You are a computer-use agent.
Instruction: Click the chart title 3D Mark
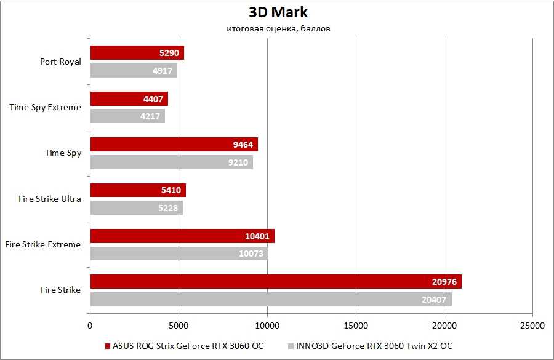pyautogui.click(x=278, y=12)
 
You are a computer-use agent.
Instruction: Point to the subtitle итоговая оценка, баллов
pyautogui.click(x=278, y=29)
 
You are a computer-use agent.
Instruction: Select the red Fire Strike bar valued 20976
pyautogui.click(x=275, y=282)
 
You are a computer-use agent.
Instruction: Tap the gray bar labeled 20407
pyautogui.click(x=271, y=299)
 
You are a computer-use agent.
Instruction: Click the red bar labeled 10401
pyautogui.click(x=182, y=236)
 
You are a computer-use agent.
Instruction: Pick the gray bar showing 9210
pyautogui.click(x=171, y=162)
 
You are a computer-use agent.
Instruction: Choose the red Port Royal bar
pyautogui.click(x=137, y=53)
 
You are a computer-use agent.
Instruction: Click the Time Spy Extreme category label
pyautogui.click(x=45, y=107)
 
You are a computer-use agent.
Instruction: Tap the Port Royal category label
pyautogui.click(x=60, y=62)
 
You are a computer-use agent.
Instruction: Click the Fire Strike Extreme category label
pyautogui.click(x=42, y=244)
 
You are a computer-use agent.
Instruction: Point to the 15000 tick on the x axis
pyautogui.click(x=355, y=324)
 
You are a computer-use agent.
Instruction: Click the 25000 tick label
pyautogui.click(x=532, y=324)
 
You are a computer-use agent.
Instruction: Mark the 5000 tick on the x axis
pyautogui.click(x=179, y=324)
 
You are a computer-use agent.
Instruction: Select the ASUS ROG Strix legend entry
pyautogui.click(x=184, y=346)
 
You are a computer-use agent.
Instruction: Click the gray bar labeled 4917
pyautogui.click(x=134, y=70)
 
